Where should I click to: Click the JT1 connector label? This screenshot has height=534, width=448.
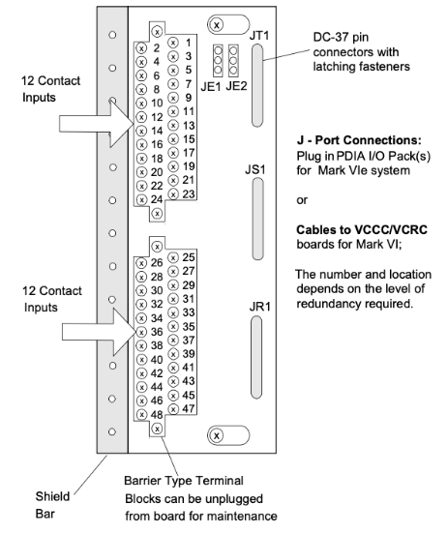point(259,36)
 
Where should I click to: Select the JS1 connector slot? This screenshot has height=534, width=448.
point(257,219)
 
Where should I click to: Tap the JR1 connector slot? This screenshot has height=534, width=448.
point(256,357)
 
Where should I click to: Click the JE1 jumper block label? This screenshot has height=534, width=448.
point(211,86)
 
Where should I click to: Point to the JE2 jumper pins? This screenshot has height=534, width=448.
point(233,61)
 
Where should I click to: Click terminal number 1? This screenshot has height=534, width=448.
point(189,43)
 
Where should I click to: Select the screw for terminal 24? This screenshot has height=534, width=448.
point(141,200)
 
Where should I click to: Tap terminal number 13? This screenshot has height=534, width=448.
point(189,126)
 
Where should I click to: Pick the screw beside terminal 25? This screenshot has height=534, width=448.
point(173,257)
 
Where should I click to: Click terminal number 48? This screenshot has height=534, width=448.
point(157,414)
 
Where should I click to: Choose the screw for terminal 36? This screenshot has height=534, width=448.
point(141,332)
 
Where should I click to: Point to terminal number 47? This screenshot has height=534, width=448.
point(189,408)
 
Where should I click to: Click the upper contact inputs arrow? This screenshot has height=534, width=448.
point(97,124)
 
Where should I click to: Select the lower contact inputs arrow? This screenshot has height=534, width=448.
point(100,332)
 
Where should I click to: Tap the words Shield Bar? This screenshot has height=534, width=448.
point(52,505)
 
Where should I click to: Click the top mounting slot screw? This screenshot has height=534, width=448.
point(217,24)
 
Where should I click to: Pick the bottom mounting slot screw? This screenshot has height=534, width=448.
point(217,435)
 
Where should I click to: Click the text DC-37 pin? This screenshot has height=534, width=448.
point(341,37)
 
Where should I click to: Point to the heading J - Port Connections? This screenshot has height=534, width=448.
point(359,140)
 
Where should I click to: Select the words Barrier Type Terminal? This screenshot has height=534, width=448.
point(184,481)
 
